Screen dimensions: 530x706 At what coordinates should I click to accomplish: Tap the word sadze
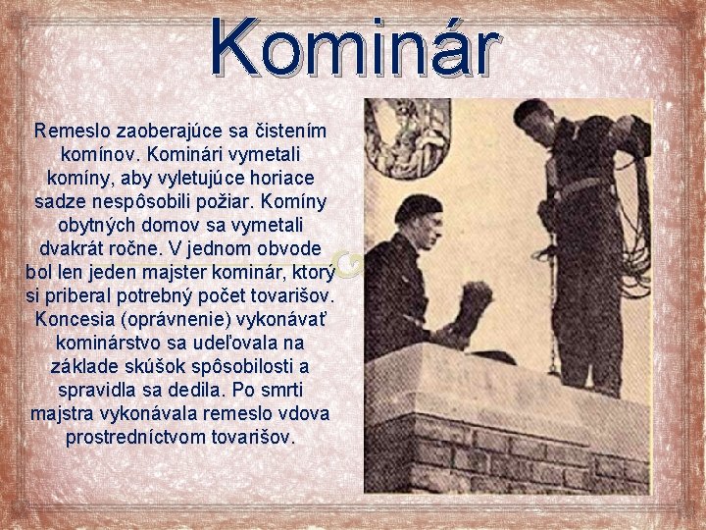click(60, 202)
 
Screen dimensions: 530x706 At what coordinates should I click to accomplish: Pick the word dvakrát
click(77, 249)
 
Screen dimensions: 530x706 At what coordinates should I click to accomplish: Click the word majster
click(195, 273)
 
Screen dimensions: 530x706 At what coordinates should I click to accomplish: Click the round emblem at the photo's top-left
click(406, 137)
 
